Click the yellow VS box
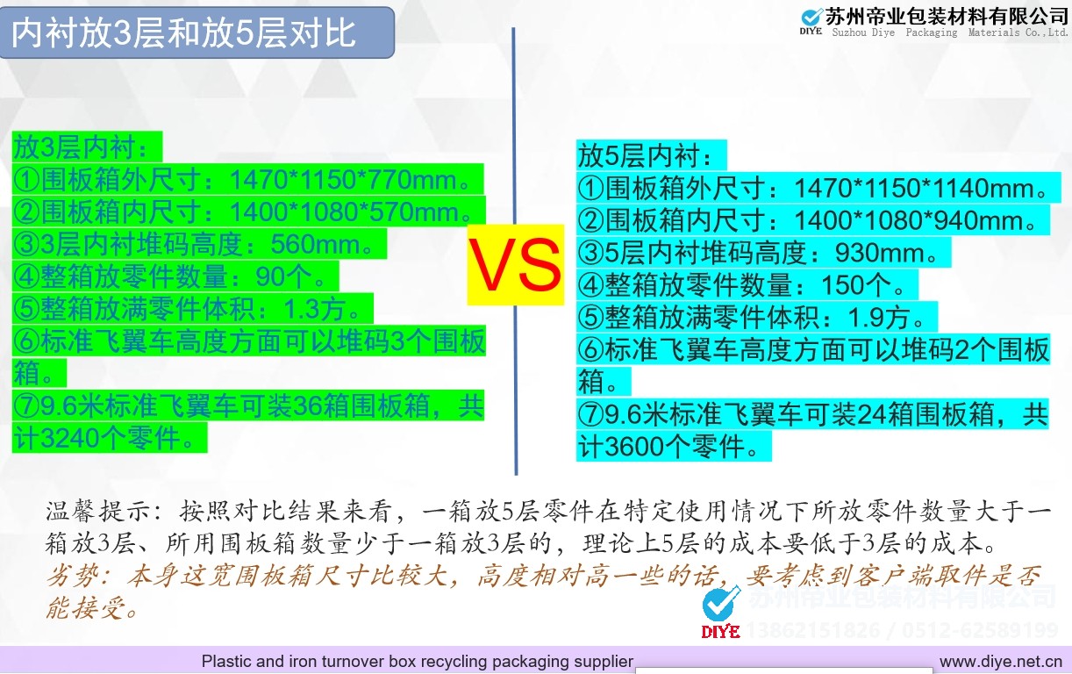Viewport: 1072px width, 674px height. [x=516, y=265]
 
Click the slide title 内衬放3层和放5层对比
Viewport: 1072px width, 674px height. [x=183, y=33]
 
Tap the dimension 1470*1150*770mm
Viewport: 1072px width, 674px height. [x=344, y=180]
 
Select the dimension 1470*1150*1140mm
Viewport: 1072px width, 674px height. [x=916, y=188]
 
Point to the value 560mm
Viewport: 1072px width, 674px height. [x=316, y=245]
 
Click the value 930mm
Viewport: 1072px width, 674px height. [x=880, y=253]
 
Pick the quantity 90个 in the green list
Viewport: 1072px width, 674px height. [x=284, y=276]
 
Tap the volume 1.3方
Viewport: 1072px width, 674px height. [x=315, y=309]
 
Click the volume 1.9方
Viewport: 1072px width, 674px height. [x=880, y=318]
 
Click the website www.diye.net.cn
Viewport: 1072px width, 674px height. [x=1001, y=662]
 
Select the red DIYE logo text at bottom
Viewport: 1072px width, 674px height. [x=720, y=631]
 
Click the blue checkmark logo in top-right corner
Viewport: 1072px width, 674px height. [x=811, y=18]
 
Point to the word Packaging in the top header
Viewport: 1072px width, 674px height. [x=932, y=32]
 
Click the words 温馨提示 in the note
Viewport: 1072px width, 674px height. [x=99, y=512]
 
